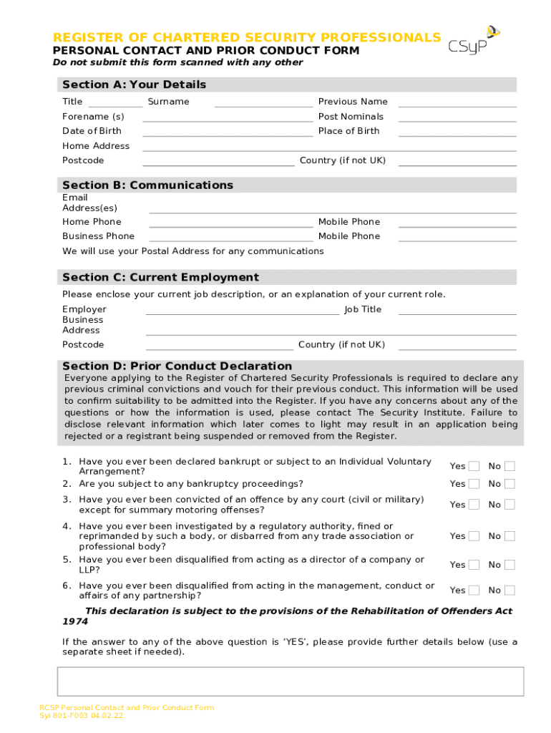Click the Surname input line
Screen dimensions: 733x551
(x=263, y=102)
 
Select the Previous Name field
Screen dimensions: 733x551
(x=457, y=102)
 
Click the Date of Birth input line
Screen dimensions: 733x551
(x=228, y=131)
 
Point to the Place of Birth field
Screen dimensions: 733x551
(x=457, y=131)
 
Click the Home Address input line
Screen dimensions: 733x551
(x=329, y=146)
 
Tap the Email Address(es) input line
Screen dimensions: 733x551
(x=332, y=208)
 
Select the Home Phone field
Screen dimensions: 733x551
(x=230, y=222)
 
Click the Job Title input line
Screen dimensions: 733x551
(x=457, y=310)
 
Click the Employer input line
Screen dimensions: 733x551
(x=242, y=310)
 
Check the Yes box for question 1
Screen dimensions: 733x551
(x=474, y=466)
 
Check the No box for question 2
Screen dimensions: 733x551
(x=509, y=484)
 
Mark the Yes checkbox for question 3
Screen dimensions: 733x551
(x=474, y=505)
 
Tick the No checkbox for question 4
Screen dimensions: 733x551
(x=509, y=535)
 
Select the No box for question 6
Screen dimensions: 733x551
(x=509, y=591)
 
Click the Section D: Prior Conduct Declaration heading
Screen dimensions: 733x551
(x=177, y=366)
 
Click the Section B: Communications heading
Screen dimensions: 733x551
(x=147, y=185)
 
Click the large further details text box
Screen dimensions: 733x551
(x=290, y=681)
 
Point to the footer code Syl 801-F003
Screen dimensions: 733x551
(x=82, y=716)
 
